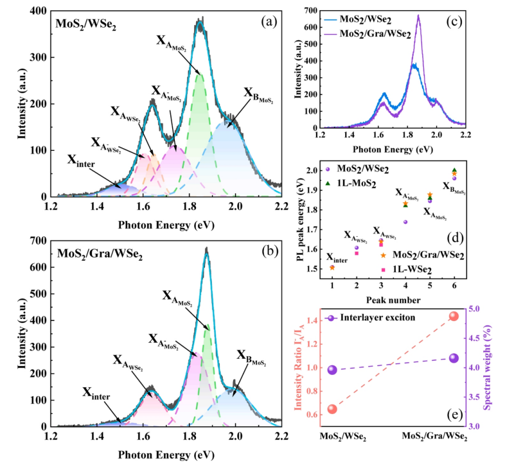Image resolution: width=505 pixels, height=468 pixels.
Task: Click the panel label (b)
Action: tap(263, 249)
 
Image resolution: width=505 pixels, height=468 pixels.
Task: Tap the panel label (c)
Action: tap(452, 19)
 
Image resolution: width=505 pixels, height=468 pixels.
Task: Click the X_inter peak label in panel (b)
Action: tap(95, 392)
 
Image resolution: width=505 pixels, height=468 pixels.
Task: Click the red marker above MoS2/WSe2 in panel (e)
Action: tap(332, 409)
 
